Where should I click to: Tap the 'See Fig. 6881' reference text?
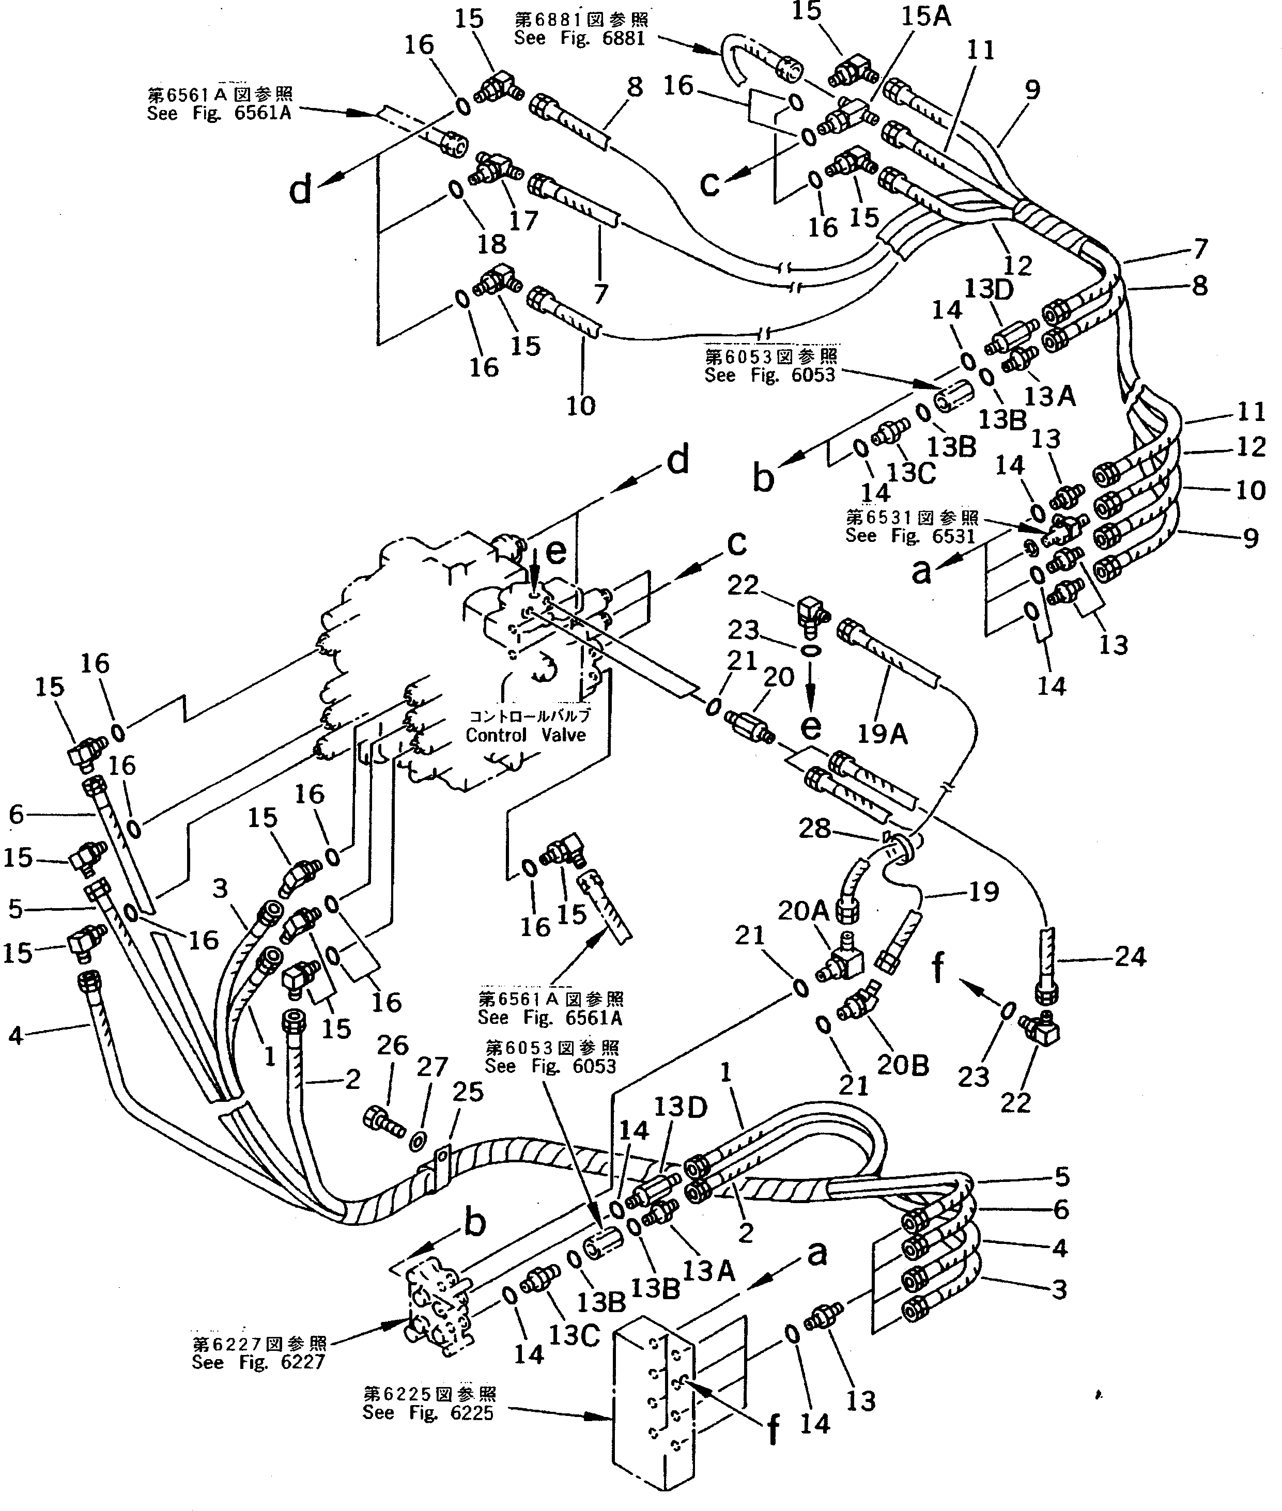579,39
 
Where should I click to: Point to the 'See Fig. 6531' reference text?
910,535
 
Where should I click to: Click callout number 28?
814,828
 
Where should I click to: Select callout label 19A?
882,735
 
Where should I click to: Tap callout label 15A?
926,16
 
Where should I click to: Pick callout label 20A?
803,911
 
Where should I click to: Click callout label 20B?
903,1065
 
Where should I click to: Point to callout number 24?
1130,957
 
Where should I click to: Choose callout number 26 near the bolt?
392,1046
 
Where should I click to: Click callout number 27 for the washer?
433,1068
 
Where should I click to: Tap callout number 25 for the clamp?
467,1092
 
